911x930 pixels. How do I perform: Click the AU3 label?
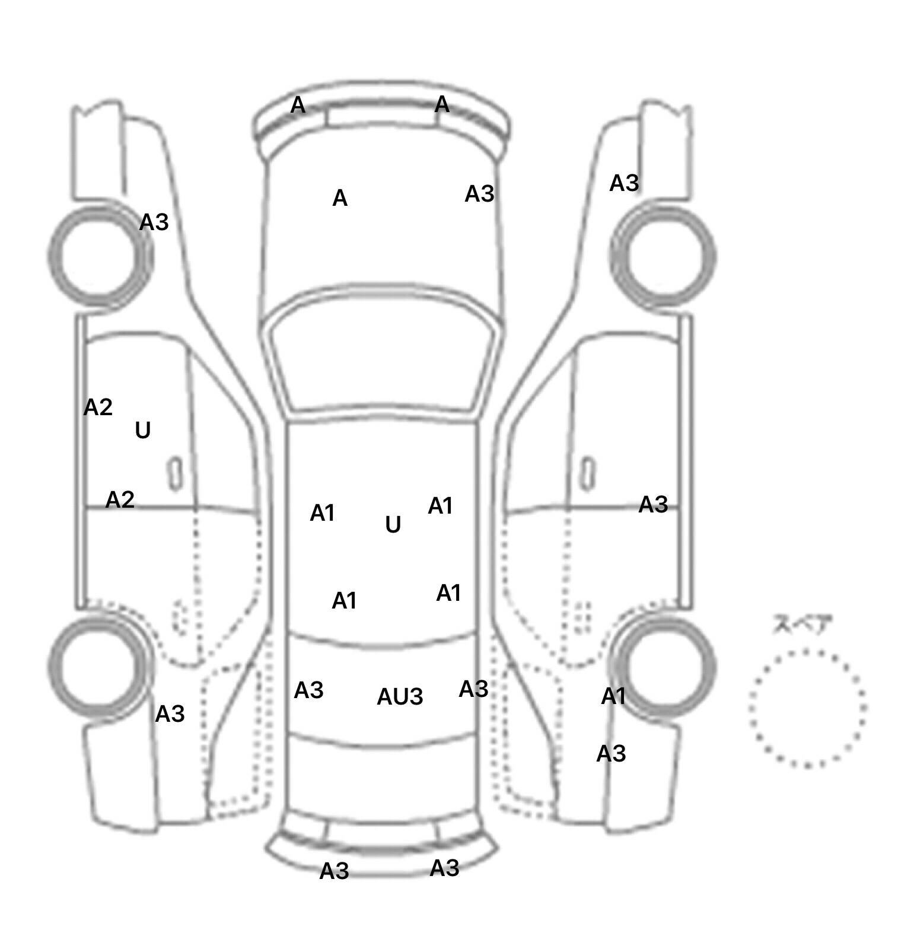click(x=400, y=696)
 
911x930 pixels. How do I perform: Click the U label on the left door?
click(x=143, y=430)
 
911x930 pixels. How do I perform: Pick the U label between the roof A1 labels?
click(x=393, y=524)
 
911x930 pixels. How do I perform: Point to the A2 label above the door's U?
click(x=98, y=407)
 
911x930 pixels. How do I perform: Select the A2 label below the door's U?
click(x=120, y=500)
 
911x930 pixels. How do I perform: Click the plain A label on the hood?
click(x=340, y=198)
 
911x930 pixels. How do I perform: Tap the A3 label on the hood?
click(x=479, y=193)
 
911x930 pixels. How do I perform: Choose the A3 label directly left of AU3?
click(x=309, y=690)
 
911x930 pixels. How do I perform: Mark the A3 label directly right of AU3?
click(x=473, y=689)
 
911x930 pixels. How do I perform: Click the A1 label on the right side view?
click(x=613, y=696)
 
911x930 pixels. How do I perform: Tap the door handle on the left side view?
click(x=175, y=473)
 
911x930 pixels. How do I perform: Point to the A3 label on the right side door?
click(x=653, y=505)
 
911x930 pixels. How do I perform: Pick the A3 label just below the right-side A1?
click(x=611, y=754)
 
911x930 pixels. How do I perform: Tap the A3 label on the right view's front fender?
click(x=624, y=183)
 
